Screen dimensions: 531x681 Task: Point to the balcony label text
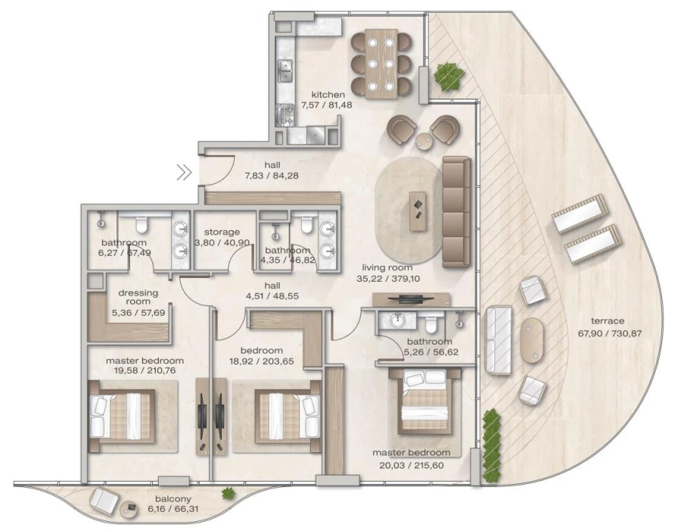173,500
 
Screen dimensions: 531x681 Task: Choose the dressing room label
137,297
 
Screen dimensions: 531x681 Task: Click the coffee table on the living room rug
417,211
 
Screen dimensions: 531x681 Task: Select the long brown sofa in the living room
456,212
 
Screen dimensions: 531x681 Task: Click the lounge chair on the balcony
104,500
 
